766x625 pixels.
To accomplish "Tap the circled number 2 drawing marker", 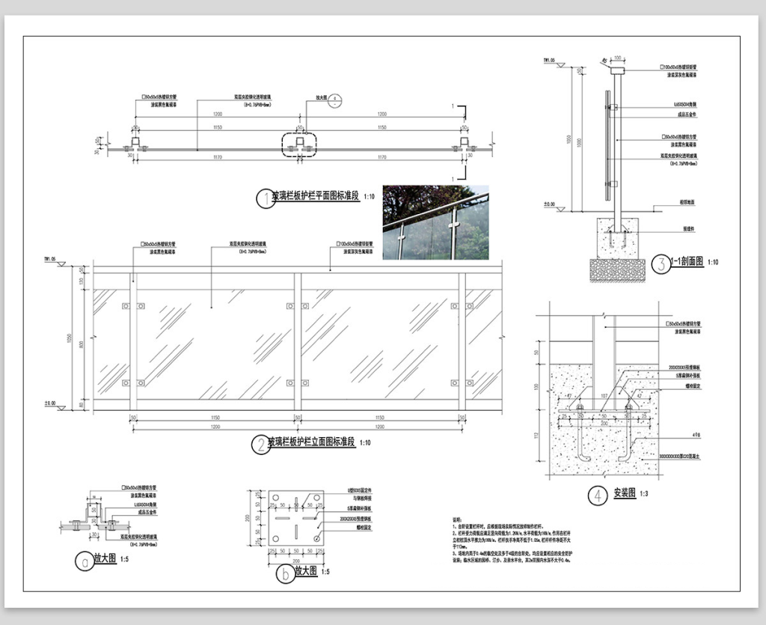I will pos(259,445).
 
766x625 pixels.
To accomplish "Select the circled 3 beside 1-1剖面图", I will pos(661,263).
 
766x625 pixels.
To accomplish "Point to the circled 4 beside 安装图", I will pos(597,495).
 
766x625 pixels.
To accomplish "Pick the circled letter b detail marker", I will pos(284,574).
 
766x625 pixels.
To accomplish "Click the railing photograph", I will pos(435,222).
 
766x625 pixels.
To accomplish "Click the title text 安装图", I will pos(625,494).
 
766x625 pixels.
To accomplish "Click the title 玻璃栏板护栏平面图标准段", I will pos(316,197).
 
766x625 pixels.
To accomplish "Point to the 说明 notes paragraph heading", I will pos(458,518).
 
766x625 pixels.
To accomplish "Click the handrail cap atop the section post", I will pos(618,70).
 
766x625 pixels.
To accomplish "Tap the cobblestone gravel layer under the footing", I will pos(617,270).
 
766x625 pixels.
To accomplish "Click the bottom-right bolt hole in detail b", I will pos(318,538).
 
